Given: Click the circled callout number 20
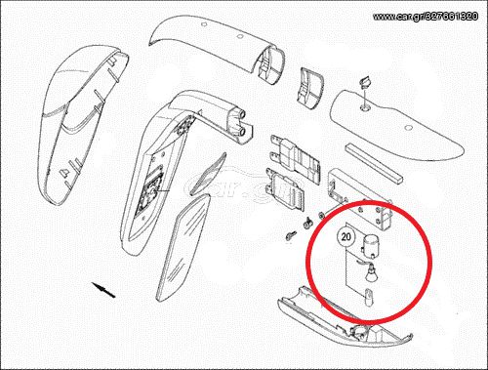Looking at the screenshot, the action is coord(346,236).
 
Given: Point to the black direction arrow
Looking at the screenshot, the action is coord(103,290).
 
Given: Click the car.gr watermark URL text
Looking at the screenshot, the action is coord(426,16).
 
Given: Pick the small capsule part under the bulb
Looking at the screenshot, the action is coord(369,298).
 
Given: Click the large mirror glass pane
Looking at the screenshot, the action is coord(183,248).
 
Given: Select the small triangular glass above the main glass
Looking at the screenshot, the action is coord(209,174).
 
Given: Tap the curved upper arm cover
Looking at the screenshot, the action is coord(217,46).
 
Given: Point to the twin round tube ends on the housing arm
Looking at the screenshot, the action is coord(242,122).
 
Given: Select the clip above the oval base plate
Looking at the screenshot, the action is coord(364,82).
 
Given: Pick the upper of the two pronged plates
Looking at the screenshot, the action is coord(295,154).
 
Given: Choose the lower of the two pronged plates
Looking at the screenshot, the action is coord(285,188).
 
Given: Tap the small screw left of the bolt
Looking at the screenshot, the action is coord(291,235).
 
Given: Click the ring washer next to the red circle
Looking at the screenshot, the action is coord(320,215).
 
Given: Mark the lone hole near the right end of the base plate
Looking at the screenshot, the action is coord(408,128).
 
